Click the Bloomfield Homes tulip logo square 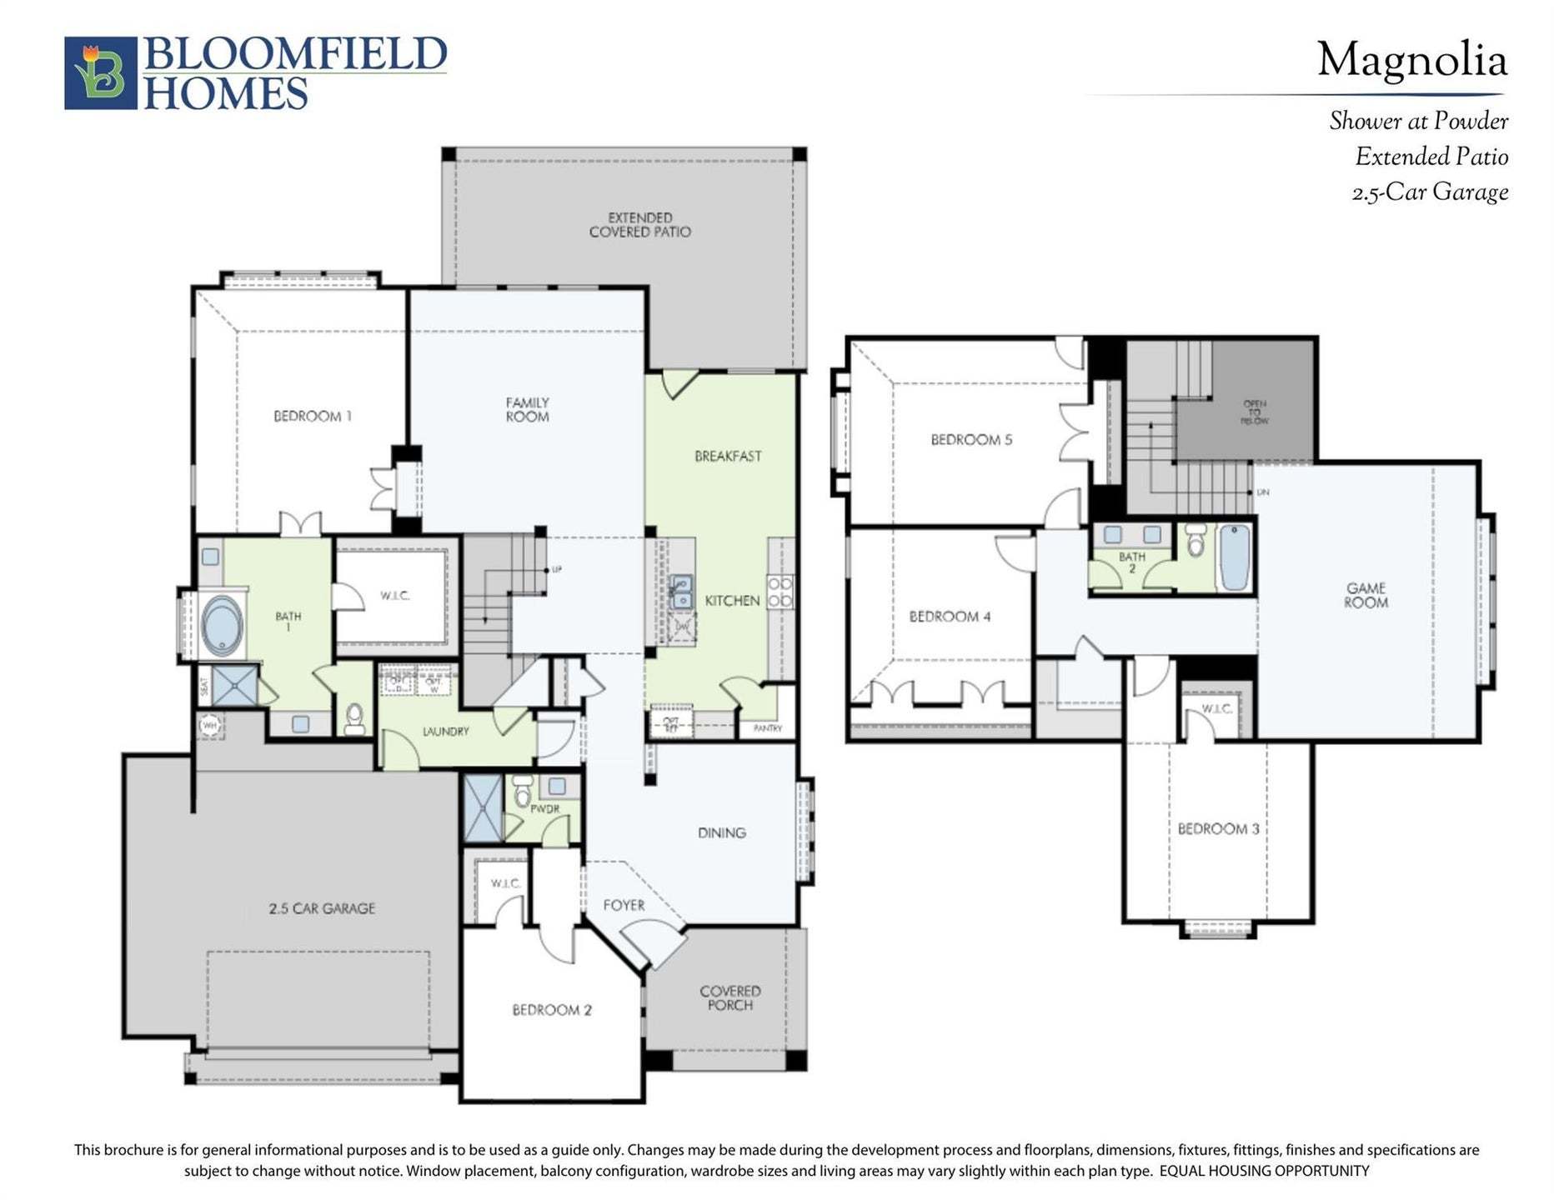100,72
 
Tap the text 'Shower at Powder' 1418,122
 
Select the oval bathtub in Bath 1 222,625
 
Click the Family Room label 527,409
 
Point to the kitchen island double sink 681,591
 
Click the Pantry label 767,728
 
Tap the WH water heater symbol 209,725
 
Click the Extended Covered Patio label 639,225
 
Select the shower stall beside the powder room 483,807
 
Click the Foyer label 624,905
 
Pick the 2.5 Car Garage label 322,908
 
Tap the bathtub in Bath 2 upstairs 1234,556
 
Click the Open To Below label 1254,412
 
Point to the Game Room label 1366,595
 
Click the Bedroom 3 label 1218,828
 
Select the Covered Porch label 729,997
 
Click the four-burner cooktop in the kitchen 780,591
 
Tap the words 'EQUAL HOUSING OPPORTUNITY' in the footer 1264,1171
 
